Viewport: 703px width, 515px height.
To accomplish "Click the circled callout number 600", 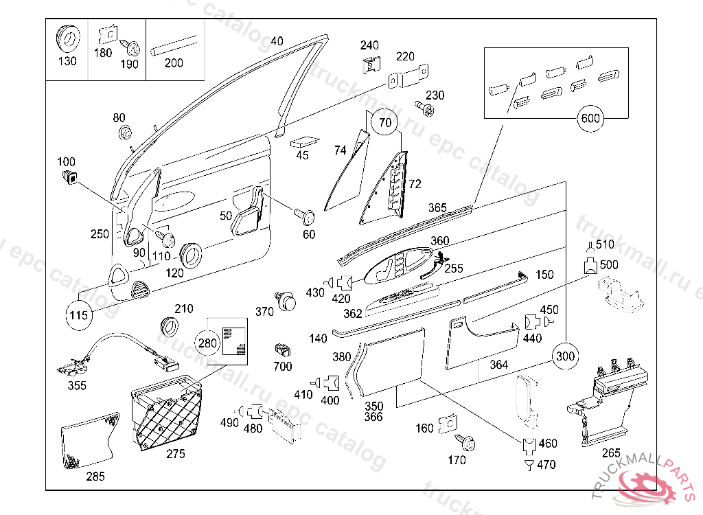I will coord(590,118).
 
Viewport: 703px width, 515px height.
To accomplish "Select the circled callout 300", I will coord(565,356).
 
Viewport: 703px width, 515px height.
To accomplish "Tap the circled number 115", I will coord(79,316).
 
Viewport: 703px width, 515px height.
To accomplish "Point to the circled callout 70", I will coord(385,124).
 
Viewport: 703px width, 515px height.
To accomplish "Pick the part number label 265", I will coord(611,453).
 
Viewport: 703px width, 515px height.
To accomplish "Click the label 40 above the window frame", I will coord(277,41).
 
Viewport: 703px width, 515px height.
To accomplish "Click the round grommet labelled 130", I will coord(67,38).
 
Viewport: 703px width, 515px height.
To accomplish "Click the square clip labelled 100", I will coord(68,178).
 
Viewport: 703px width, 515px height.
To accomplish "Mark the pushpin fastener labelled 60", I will coord(306,216).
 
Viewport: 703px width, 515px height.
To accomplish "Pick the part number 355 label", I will coord(77,386).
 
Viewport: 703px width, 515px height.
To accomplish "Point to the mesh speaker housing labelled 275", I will coord(168,415).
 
